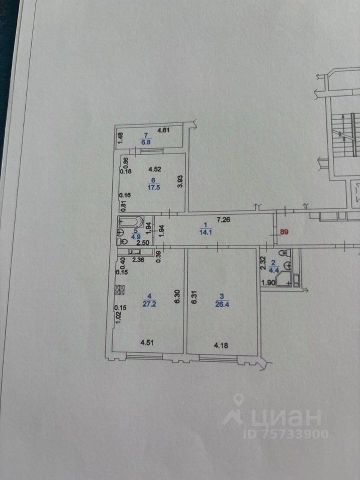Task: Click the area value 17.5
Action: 153,188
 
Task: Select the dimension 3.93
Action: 179,181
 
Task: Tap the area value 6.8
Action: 146,142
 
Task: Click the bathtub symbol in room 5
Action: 131,221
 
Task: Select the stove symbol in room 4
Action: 119,289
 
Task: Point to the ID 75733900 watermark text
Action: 285,433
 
